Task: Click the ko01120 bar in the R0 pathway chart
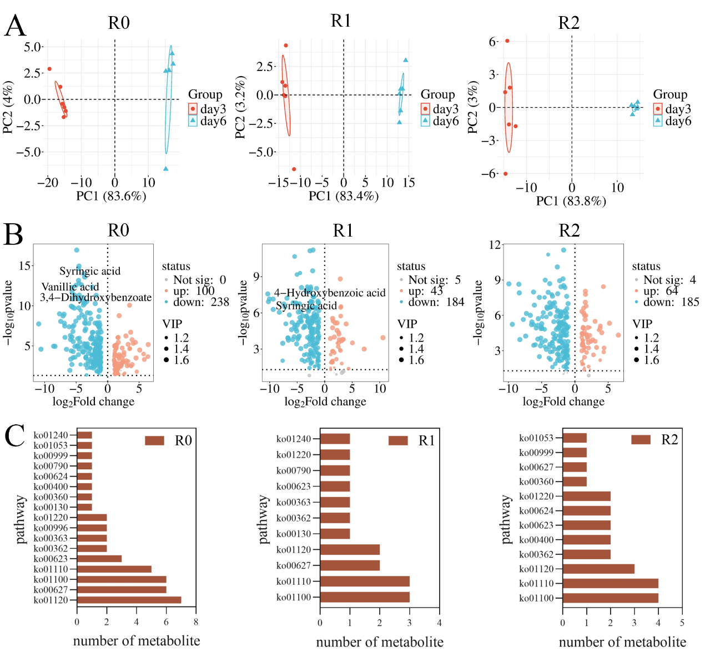coord(129,600)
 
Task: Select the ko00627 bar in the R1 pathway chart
coord(350,565)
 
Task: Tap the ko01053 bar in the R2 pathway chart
coord(575,438)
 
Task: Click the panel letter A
coord(15,26)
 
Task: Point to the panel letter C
coord(15,436)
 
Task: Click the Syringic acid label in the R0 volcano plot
coord(90,271)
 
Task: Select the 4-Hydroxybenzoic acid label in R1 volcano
coord(330,293)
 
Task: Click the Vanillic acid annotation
coord(70,287)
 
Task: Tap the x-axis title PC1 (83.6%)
coord(111,196)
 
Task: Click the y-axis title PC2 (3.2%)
coord(240,108)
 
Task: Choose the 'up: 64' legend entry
coord(661,291)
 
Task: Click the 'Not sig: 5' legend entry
coord(434,280)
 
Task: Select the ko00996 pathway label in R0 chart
coord(51,528)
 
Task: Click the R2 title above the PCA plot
coord(568,23)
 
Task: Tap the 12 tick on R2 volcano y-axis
coord(495,245)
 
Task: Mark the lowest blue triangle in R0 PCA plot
coord(165,168)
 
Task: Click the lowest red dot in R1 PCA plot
coord(294,169)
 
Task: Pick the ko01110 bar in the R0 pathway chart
coord(114,569)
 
